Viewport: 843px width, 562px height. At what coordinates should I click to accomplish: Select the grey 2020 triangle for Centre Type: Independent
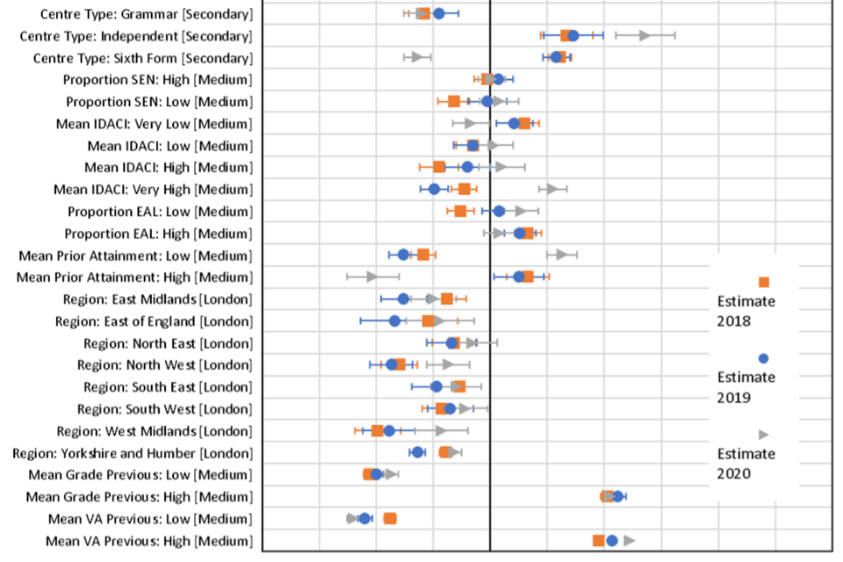[645, 35]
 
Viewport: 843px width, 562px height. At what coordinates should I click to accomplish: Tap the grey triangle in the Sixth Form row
[415, 57]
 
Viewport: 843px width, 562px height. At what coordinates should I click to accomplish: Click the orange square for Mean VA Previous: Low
[390, 518]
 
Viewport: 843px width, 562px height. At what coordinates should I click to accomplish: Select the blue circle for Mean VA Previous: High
[612, 540]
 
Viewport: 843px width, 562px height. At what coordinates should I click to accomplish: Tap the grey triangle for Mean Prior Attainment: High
[371, 277]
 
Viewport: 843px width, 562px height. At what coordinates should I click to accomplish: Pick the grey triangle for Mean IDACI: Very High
[551, 189]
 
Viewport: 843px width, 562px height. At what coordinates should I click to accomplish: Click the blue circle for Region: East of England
[394, 321]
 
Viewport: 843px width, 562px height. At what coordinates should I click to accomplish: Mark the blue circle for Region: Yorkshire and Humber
[417, 452]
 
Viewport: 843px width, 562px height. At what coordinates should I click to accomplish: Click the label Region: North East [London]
[168, 343]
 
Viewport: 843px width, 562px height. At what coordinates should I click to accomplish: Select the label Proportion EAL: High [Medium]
[158, 234]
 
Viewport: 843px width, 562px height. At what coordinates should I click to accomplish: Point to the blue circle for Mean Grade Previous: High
[618, 496]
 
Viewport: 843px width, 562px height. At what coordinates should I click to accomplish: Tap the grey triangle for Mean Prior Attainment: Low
[560, 255]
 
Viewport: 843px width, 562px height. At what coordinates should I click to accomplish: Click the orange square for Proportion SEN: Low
[454, 101]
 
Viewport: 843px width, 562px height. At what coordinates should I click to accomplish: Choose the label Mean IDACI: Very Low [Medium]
[154, 124]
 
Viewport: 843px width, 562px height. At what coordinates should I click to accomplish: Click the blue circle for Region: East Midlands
[403, 299]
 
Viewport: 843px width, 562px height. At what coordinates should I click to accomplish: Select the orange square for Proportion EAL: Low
[460, 211]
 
